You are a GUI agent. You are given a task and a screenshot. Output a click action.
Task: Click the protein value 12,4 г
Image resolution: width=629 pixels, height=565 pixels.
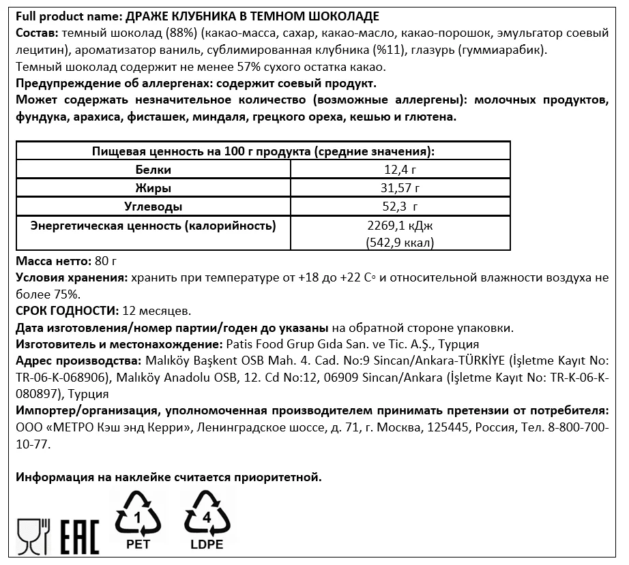click(400, 170)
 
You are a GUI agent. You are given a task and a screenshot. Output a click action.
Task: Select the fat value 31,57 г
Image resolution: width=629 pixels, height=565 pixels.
click(400, 188)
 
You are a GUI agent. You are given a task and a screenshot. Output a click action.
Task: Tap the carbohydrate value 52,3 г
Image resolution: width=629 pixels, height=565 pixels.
click(400, 207)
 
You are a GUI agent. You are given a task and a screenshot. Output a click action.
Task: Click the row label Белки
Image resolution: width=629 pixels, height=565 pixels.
click(153, 170)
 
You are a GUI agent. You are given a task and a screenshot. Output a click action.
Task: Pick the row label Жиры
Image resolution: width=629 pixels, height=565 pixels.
click(153, 188)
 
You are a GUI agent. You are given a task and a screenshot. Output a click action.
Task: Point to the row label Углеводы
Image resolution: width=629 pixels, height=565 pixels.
click(153, 207)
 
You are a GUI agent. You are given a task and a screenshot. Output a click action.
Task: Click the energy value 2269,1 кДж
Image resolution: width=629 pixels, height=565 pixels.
click(400, 226)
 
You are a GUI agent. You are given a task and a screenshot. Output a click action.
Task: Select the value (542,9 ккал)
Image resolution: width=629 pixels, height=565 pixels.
click(400, 243)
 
